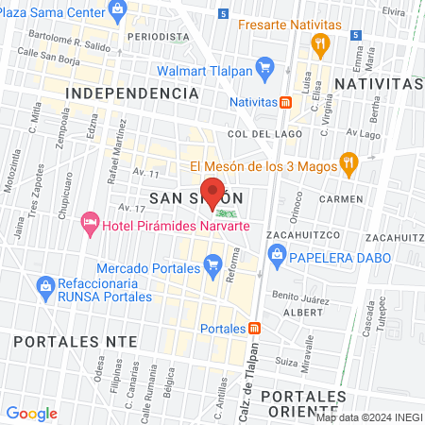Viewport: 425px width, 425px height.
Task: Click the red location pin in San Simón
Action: pyautogui.click(x=213, y=192)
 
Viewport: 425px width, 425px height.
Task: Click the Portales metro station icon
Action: pyautogui.click(x=254, y=329)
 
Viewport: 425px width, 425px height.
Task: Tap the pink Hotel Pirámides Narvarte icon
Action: pyautogui.click(x=91, y=223)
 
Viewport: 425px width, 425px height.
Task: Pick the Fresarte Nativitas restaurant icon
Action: pyautogui.click(x=321, y=42)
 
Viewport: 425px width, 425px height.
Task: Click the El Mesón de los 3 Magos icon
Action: pyautogui.click(x=348, y=164)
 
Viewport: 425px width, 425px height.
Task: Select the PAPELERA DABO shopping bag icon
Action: pyautogui.click(x=277, y=252)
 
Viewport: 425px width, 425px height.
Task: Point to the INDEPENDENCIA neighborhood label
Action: pyautogui.click(x=133, y=93)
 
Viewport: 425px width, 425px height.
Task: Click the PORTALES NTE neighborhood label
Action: pyautogui.click(x=69, y=340)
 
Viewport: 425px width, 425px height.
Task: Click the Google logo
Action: pyautogui.click(x=32, y=413)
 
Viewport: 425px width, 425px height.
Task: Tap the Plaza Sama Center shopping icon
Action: pyautogui.click(x=117, y=11)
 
